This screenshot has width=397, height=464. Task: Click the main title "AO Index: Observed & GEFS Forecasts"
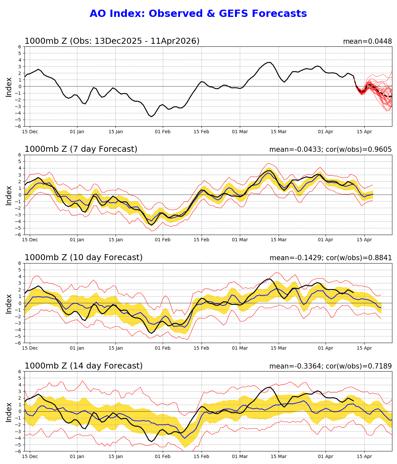click(198, 14)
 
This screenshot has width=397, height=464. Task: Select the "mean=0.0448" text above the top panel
click(367, 41)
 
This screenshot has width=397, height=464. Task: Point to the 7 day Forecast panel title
click(81, 149)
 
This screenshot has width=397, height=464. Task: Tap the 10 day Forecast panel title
click(83, 258)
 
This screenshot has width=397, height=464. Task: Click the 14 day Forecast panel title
click(83, 366)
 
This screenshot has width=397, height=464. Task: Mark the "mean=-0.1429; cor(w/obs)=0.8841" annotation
click(331, 258)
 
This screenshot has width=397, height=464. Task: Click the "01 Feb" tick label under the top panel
click(162, 132)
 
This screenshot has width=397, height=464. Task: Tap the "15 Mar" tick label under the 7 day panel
click(278, 240)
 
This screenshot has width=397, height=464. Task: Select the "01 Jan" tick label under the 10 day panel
click(77, 348)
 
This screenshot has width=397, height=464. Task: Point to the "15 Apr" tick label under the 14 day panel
click(364, 457)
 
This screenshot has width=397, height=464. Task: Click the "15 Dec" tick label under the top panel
click(30, 132)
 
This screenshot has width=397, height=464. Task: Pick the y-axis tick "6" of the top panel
click(20, 47)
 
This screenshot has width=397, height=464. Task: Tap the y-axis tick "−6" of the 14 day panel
click(19, 451)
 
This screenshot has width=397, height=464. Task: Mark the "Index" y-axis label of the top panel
click(9, 87)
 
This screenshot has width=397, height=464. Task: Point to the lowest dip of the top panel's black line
click(152, 117)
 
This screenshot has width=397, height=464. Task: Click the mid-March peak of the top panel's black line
click(269, 62)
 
